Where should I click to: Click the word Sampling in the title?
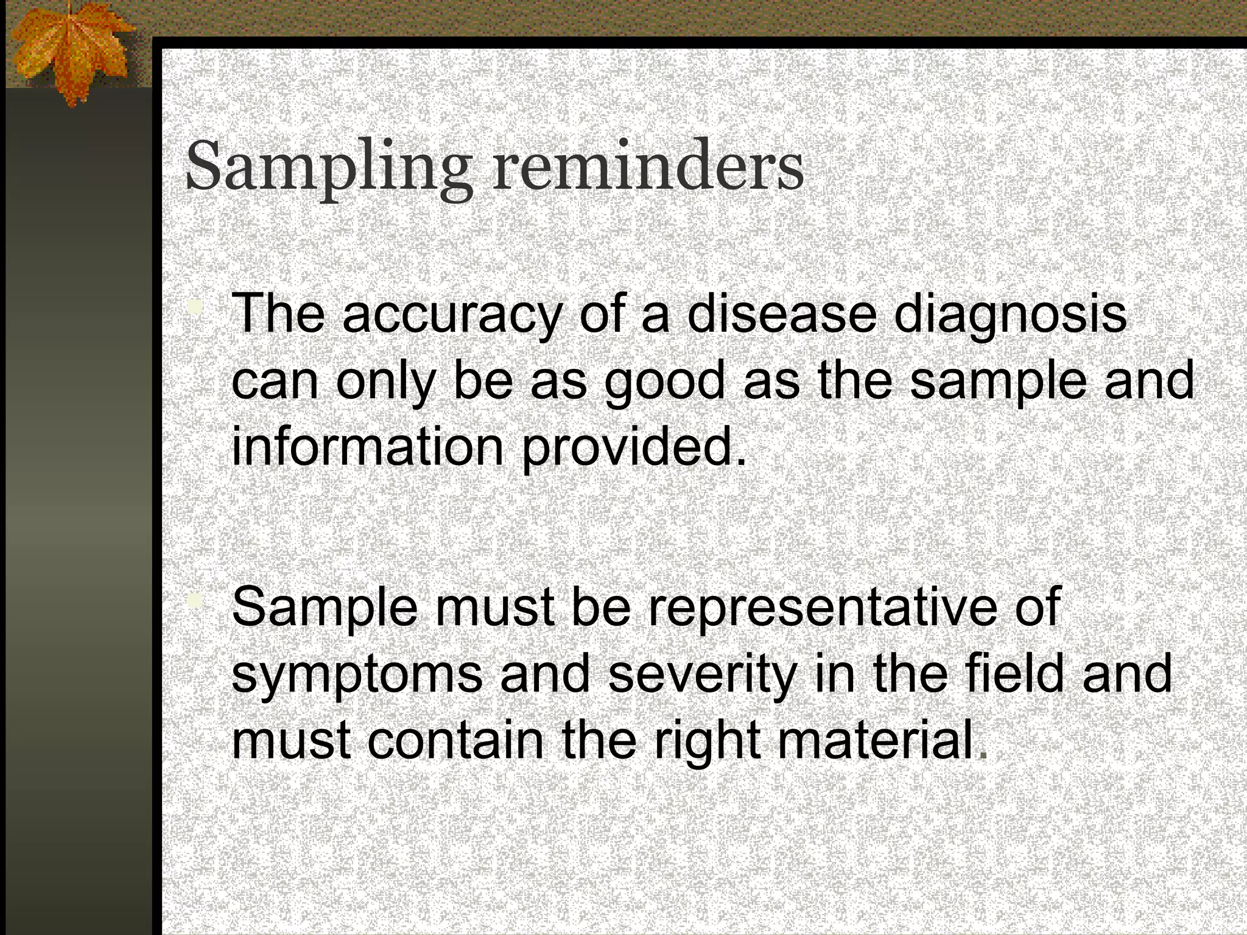tap(328, 167)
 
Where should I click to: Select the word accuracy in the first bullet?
tap(451, 315)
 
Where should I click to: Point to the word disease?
tap(782, 314)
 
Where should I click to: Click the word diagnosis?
tap(1010, 315)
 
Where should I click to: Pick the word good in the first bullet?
tap(664, 382)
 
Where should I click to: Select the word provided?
tap(633, 447)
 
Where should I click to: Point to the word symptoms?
tap(357, 674)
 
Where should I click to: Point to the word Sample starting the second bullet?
tap(325, 608)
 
